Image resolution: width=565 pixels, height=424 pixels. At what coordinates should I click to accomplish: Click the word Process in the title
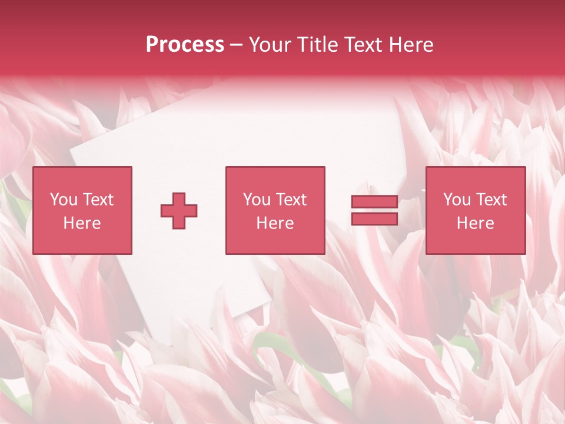pos(185,45)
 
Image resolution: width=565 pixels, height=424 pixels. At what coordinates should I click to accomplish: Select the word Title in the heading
pos(318,45)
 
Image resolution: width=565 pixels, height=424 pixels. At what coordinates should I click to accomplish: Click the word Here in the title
pos(413,45)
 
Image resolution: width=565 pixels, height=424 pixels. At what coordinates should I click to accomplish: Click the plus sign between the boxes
pos(179,211)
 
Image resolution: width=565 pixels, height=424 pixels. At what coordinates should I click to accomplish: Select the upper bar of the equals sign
pos(374,202)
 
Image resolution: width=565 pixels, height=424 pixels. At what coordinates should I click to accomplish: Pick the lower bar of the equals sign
pos(374,219)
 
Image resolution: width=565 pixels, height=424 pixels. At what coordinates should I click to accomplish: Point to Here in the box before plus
pos(82,223)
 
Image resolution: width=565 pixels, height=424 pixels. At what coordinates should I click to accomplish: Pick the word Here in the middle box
pos(275,223)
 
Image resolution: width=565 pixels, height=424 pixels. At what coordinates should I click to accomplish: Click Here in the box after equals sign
pos(475,223)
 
